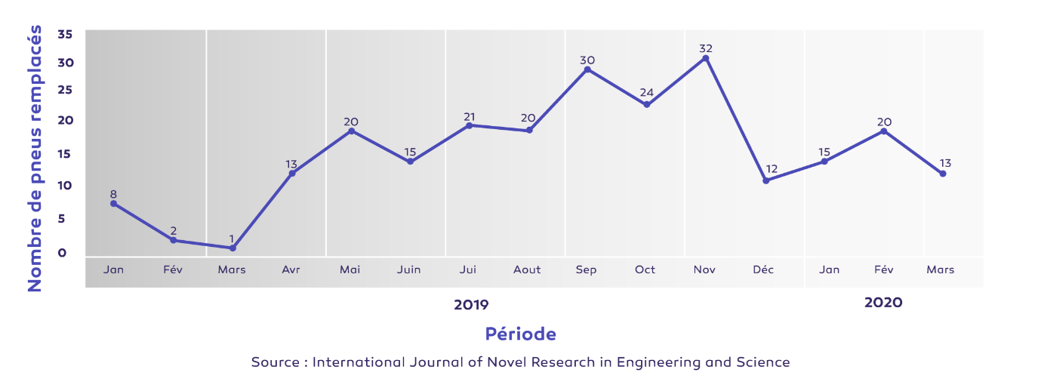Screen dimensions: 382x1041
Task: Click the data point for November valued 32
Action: click(706, 58)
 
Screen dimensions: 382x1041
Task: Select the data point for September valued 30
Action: click(587, 69)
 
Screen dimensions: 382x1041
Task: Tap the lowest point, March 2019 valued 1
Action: click(233, 248)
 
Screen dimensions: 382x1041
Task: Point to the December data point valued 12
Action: click(765, 180)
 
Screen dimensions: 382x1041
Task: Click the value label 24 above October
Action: click(646, 93)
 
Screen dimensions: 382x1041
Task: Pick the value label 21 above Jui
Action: click(469, 116)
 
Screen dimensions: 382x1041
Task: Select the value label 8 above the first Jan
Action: click(113, 194)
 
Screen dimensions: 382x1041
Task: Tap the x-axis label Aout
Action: click(527, 270)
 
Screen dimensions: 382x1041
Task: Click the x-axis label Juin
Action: click(408, 270)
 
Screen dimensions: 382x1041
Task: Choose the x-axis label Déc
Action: click(763, 270)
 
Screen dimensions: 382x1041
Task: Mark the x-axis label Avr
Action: click(291, 270)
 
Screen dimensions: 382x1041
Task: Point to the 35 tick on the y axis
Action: click(65, 34)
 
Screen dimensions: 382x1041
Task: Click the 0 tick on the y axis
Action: click(63, 252)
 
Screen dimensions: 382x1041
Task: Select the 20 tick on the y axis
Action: click(65, 121)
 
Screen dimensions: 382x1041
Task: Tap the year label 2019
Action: click(471, 305)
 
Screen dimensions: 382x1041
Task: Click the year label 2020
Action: click(883, 303)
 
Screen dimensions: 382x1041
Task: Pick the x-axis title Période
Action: click(520, 334)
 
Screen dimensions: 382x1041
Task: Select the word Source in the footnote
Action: click(275, 362)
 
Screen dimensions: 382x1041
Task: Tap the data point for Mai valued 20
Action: click(351, 131)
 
